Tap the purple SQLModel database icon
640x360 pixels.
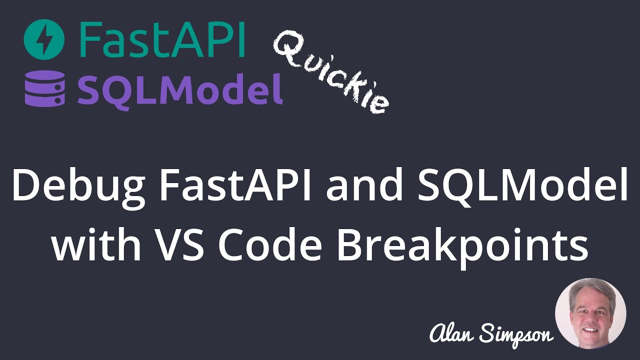pos(45,87)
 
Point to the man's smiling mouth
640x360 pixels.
pos(590,330)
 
